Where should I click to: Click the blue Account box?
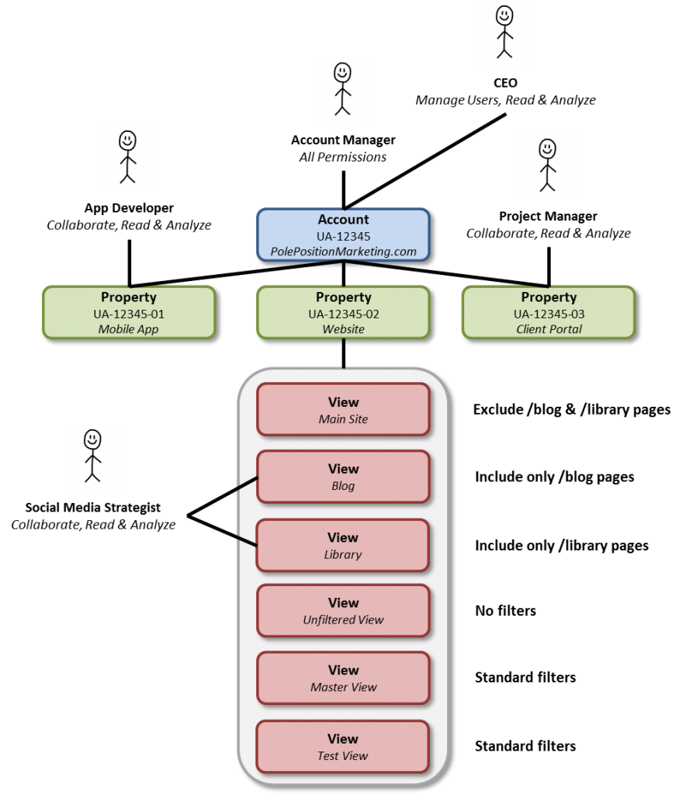[343, 234]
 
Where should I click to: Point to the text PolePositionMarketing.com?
[343, 252]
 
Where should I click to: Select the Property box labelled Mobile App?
[129, 312]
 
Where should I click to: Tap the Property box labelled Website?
[343, 312]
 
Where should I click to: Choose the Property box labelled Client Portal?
[549, 312]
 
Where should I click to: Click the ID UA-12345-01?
[129, 314]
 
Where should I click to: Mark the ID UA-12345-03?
[549, 314]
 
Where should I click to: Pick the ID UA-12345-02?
[343, 314]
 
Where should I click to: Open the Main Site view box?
[343, 409]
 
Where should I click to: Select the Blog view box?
[343, 477]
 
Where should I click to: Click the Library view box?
[343, 545]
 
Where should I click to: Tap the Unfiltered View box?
[343, 611]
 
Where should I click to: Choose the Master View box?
[343, 678]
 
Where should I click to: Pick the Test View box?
[343, 746]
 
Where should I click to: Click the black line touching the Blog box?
[247, 484]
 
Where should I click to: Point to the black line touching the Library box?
[247, 540]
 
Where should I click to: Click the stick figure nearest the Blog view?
[93, 457]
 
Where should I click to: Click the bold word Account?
[343, 220]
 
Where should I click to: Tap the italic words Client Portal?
[549, 329]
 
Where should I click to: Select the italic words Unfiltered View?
[343, 620]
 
